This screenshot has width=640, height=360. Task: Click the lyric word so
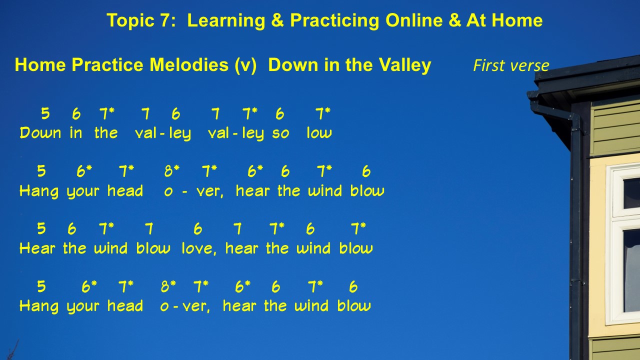click(x=280, y=133)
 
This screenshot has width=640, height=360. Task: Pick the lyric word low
click(x=319, y=132)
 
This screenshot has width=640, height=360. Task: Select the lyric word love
click(x=199, y=248)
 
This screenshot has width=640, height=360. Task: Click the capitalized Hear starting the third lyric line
click(x=37, y=247)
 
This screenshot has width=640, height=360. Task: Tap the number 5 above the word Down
click(x=45, y=113)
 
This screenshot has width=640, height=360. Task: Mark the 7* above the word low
click(x=323, y=113)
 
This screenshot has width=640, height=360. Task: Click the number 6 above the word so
click(x=280, y=113)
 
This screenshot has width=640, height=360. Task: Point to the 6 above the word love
click(x=197, y=229)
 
